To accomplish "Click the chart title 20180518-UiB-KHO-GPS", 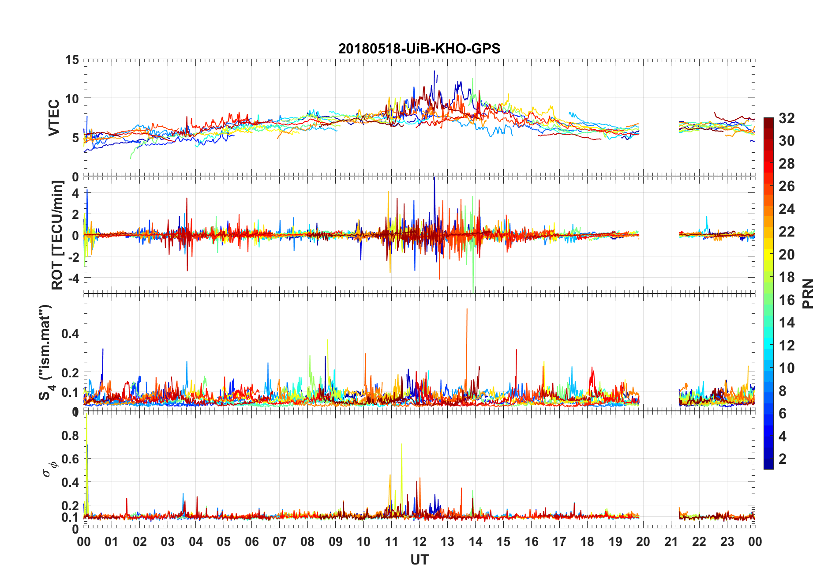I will (419, 49).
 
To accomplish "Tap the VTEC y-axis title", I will (54, 117).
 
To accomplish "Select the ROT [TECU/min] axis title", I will (57, 235).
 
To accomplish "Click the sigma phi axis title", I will (49, 468).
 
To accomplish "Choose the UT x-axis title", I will (419, 560).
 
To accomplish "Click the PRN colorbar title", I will (808, 293).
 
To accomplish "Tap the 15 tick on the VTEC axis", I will (72, 60).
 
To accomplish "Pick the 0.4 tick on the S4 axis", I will (70, 334).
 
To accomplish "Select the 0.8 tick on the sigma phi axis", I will (70, 436).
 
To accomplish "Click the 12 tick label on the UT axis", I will (419, 542).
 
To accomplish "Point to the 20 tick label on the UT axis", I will (643, 542).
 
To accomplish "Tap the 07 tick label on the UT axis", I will (279, 542).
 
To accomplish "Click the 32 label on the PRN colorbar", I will (787, 118).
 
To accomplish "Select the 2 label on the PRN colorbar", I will (783, 459).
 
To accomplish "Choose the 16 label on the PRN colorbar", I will (787, 300).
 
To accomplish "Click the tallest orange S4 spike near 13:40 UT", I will (467, 310).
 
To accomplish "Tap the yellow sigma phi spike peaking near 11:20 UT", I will (401, 445).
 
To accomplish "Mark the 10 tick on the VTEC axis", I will (72, 98).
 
